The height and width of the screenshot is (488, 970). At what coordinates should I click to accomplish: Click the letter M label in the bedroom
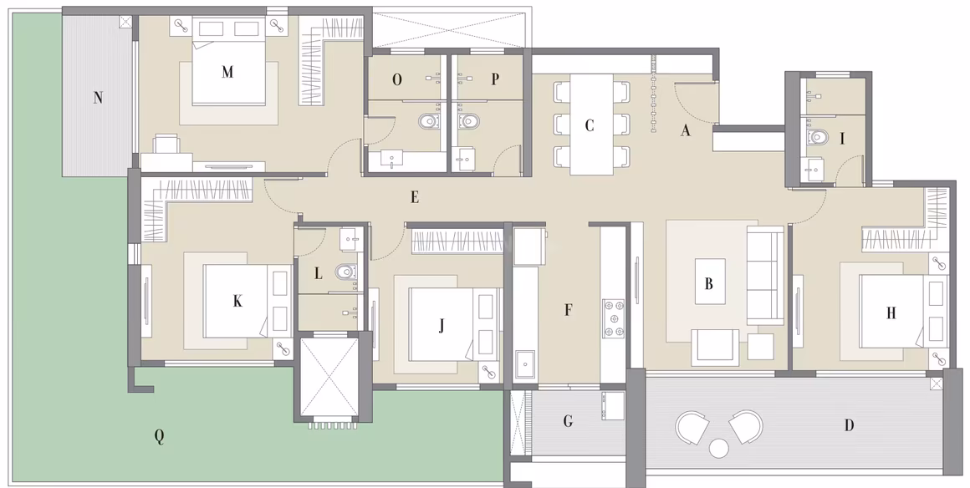click(227, 72)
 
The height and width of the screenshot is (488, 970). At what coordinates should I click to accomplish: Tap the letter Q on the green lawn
click(159, 437)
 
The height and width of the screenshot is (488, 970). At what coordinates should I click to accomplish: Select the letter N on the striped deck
click(98, 97)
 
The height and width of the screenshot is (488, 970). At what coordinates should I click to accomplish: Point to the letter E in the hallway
click(415, 197)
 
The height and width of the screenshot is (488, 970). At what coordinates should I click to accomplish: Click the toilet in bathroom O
click(427, 121)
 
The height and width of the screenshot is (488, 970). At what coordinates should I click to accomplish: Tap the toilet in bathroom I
click(818, 136)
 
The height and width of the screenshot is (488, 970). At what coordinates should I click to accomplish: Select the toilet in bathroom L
click(345, 271)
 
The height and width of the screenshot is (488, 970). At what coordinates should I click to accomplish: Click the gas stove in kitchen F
click(614, 318)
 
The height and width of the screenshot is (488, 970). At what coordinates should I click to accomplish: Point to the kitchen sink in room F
click(525, 363)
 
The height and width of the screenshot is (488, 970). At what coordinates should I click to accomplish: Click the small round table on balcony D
click(719, 448)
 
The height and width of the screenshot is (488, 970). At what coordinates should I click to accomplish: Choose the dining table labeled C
click(591, 125)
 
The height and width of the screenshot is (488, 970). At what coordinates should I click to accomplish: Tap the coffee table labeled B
click(710, 282)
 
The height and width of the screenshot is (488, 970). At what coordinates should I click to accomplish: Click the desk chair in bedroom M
click(166, 144)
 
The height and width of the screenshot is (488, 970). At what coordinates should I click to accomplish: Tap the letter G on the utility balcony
click(568, 422)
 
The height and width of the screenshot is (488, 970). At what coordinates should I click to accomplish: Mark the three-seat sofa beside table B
click(764, 275)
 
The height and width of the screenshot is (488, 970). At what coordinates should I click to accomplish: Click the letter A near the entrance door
click(685, 130)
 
